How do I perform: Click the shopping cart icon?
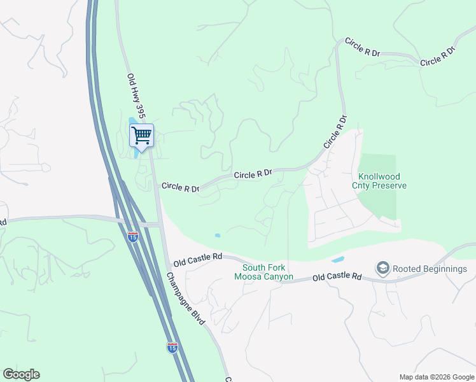141,135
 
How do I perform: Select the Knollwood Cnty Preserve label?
382,181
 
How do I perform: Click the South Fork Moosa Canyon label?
263,272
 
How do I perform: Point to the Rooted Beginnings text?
430,269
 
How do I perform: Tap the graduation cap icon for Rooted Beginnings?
382,268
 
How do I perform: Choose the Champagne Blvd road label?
186,299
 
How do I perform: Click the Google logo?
21,374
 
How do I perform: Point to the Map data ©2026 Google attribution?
436,377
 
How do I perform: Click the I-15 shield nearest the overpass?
132,237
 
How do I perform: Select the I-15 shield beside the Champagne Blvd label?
172,347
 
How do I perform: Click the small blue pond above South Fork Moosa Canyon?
218,236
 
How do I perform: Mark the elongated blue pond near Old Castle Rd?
337,260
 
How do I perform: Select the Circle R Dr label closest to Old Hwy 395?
180,187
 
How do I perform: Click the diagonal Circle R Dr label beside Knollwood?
335,132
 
